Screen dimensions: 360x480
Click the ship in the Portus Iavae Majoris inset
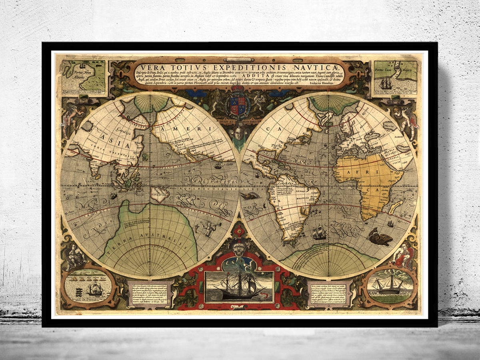[x=386, y=84]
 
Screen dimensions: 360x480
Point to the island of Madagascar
[x=396, y=207]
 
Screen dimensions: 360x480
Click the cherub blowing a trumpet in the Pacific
[x=209, y=228]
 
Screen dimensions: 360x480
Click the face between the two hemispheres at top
[x=239, y=133]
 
